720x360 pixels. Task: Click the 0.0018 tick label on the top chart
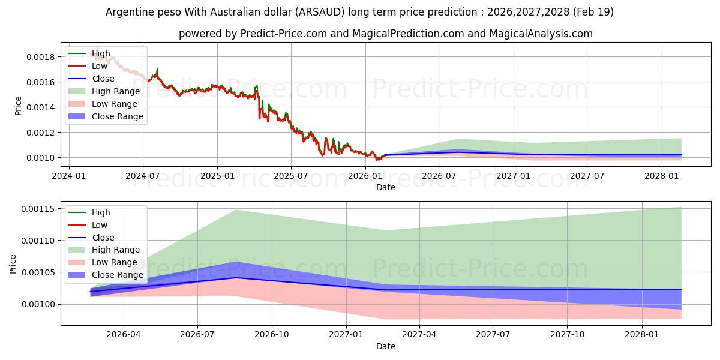pos(41,57)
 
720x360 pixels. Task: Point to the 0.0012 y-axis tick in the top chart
pos(41,133)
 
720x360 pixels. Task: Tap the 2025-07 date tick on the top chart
pos(291,176)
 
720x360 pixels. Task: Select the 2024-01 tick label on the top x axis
pos(69,176)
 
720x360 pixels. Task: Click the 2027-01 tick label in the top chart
pos(514,176)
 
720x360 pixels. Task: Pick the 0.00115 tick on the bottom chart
pos(38,209)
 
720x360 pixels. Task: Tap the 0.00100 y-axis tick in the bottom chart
pos(38,304)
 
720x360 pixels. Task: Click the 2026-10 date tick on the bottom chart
pos(272,335)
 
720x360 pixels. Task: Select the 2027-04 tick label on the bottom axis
pos(419,335)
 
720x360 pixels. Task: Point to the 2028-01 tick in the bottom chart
pos(642,335)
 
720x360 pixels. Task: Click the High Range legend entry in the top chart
pos(104,91)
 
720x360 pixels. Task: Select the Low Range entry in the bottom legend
pos(103,262)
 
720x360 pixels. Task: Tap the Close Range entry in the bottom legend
pos(106,275)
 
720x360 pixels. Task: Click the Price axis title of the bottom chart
pos(13,264)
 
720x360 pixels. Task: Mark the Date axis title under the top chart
pos(386,187)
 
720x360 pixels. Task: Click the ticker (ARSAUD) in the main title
pos(320,12)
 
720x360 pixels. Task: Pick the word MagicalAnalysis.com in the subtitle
pos(541,34)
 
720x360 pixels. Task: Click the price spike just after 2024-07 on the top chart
pos(157,69)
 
